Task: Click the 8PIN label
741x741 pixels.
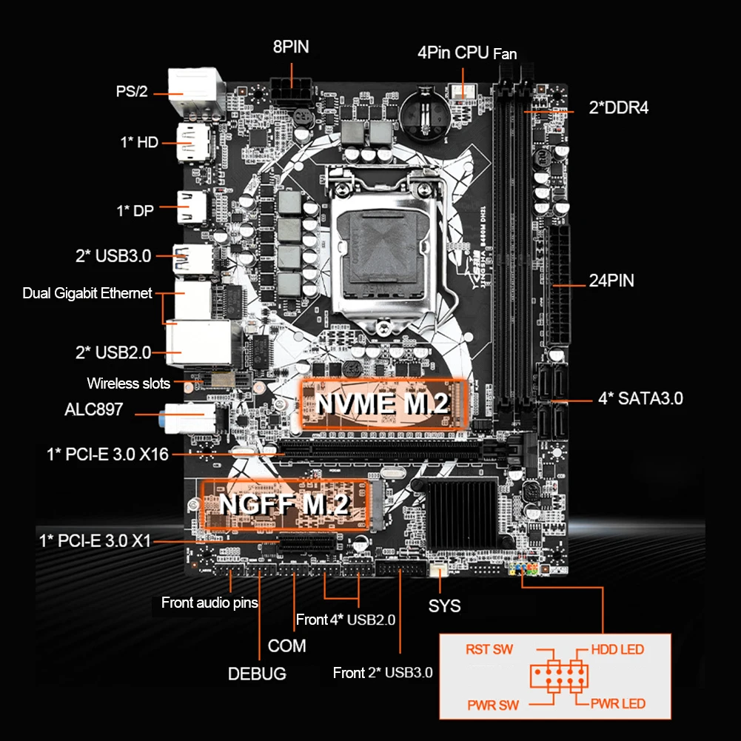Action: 291,47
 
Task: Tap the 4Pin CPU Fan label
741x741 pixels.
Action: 466,53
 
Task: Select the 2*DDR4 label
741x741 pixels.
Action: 618,107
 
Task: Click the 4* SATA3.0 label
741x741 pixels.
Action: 640,398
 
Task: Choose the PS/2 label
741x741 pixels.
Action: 132,92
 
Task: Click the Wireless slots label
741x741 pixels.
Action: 128,383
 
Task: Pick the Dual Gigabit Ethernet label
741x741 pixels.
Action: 87,294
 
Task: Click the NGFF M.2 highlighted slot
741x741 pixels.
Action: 285,504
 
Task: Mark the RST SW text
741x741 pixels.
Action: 489,650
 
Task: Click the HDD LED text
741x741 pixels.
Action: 617,650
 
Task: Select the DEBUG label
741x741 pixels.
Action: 257,674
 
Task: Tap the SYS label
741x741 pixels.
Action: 444,606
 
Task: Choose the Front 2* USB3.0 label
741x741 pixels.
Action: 383,672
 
